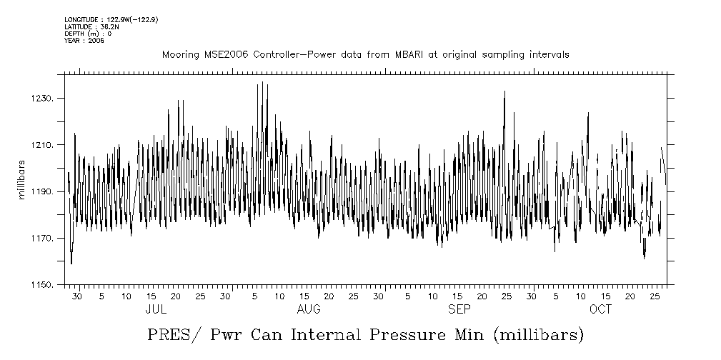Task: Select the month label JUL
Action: pos(156,309)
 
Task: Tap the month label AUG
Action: pos(308,309)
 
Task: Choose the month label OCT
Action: pos(601,309)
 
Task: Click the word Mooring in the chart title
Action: pos(179,55)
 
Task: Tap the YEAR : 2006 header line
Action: pos(84,41)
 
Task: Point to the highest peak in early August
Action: pos(262,82)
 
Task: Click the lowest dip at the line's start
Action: pos(71,264)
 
